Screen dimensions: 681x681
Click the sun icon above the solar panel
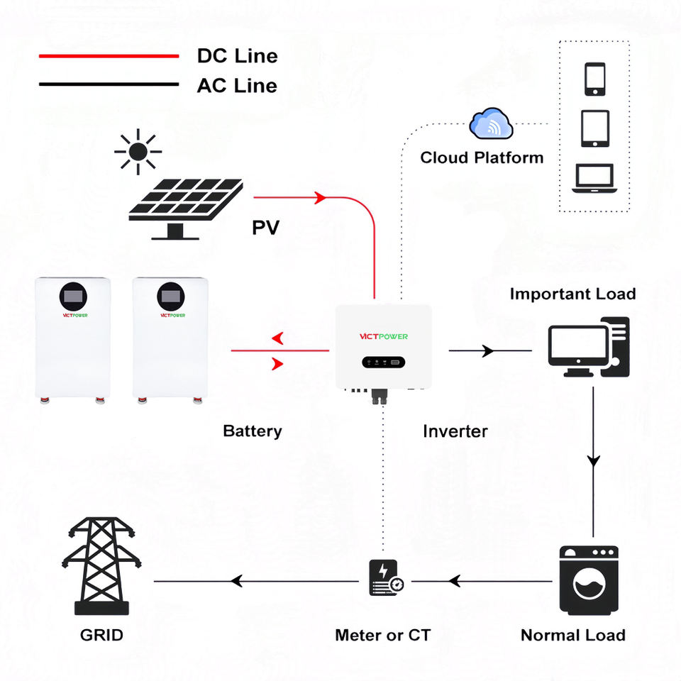pyautogui.click(x=138, y=152)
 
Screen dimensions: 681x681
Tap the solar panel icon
pyautogui.click(x=186, y=209)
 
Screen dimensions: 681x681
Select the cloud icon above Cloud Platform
pyautogui.click(x=491, y=123)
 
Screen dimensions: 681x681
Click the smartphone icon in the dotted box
pyautogui.click(x=595, y=79)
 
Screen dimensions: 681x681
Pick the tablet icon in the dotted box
pyautogui.click(x=595, y=128)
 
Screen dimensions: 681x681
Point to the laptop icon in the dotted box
pyautogui.click(x=594, y=178)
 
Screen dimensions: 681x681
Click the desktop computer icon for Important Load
pyautogui.click(x=589, y=347)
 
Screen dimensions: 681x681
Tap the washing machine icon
pyautogui.click(x=589, y=580)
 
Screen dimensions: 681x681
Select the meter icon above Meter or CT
pyautogui.click(x=386, y=577)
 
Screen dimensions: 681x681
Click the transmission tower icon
pyautogui.click(x=101, y=565)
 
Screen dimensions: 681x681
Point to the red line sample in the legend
pyautogui.click(x=109, y=56)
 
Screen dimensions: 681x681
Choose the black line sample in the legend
pyautogui.click(x=109, y=84)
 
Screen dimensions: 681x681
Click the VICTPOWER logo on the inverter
pyautogui.click(x=384, y=336)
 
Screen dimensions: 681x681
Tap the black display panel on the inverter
pyautogui.click(x=384, y=362)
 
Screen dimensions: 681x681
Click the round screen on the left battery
pyautogui.click(x=73, y=297)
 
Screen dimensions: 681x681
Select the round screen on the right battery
pyautogui.click(x=171, y=297)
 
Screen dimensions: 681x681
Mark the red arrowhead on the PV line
pyautogui.click(x=320, y=198)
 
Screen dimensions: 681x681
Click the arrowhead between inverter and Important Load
pyautogui.click(x=488, y=350)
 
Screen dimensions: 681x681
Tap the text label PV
pyautogui.click(x=266, y=228)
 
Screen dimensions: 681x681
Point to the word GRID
pyautogui.click(x=101, y=635)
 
